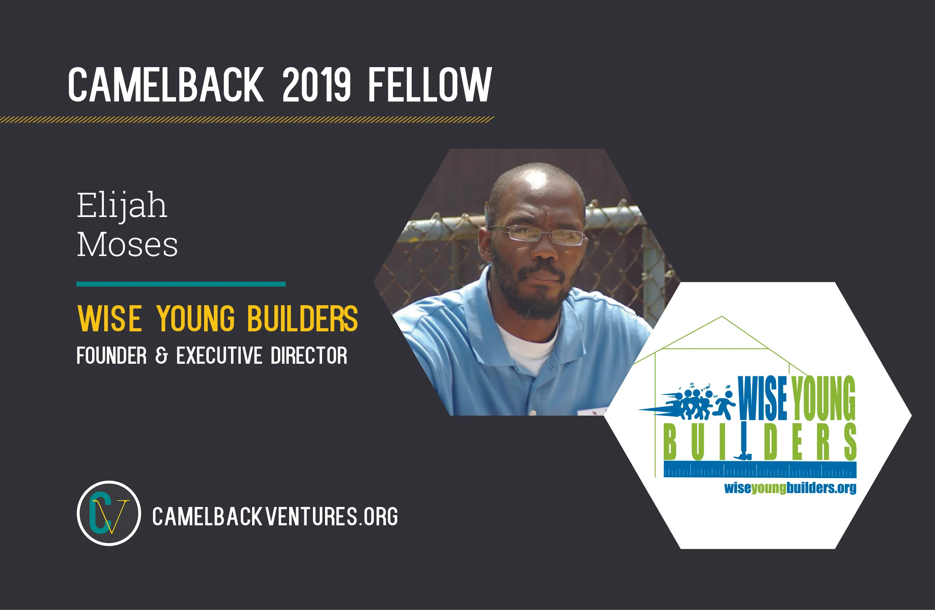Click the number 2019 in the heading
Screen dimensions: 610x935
pyautogui.click(x=316, y=84)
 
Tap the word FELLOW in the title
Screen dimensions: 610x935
pyautogui.click(x=429, y=84)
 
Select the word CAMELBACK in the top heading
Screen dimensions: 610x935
pyautogui.click(x=166, y=84)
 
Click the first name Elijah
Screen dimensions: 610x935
pyautogui.click(x=122, y=205)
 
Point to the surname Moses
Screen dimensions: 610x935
pyautogui.click(x=127, y=245)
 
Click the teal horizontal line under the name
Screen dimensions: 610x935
pyautogui.click(x=181, y=284)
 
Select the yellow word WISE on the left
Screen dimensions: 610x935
pyautogui.click(x=110, y=318)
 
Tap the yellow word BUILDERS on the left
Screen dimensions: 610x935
pyautogui.click(x=302, y=318)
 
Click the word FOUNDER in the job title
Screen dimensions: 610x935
pyautogui.click(x=111, y=356)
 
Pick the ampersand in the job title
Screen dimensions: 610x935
pyautogui.click(x=161, y=356)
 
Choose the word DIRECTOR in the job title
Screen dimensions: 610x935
pyautogui.click(x=309, y=356)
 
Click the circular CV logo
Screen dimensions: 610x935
pyautogui.click(x=109, y=513)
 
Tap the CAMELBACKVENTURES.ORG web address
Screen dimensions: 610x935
pyautogui.click(x=275, y=516)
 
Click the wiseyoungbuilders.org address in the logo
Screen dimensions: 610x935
pyautogui.click(x=790, y=488)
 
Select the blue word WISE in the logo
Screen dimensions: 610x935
pyautogui.click(x=762, y=399)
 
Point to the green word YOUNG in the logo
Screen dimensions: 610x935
pyautogui.click(x=823, y=399)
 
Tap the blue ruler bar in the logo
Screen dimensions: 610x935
pyautogui.click(x=760, y=470)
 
